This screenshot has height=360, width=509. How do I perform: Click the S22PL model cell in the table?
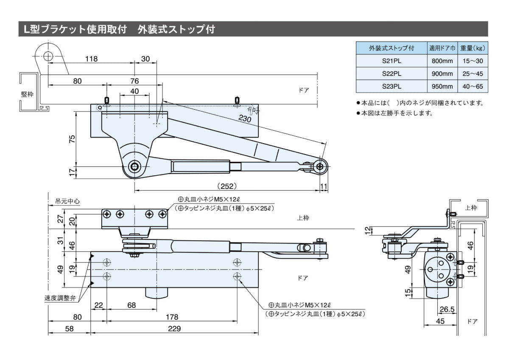(392, 73)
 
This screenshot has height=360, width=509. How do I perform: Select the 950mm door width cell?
(442, 87)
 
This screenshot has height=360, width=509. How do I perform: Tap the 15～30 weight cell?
(473, 61)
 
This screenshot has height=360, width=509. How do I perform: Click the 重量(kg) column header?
(473, 48)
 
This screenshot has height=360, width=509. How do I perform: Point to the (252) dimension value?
(226, 186)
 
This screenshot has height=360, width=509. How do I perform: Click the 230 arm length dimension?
(245, 119)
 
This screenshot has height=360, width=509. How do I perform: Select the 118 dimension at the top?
(91, 59)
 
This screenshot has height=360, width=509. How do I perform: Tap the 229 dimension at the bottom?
(174, 328)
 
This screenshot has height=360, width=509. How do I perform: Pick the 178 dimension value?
(172, 317)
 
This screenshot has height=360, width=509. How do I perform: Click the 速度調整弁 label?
(60, 298)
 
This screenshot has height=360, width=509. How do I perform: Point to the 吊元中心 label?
(65, 202)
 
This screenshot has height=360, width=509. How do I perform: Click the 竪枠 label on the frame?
(28, 94)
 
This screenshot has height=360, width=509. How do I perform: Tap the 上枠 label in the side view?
(471, 208)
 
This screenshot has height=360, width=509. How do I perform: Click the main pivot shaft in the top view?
(135, 166)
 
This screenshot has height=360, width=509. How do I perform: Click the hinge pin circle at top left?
(48, 56)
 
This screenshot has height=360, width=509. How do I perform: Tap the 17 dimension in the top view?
(73, 171)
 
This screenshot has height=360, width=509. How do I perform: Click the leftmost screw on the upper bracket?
(108, 214)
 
